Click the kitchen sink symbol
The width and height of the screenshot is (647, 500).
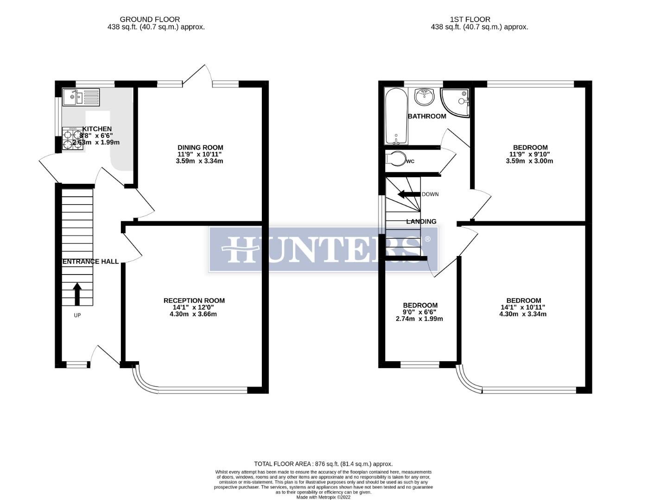coord(81,97)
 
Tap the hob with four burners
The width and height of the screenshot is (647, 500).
coord(70,138)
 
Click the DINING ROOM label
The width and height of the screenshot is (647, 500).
coord(200,148)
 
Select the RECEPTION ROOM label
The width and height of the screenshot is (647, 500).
coord(194,300)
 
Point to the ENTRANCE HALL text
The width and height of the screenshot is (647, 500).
coord(90,262)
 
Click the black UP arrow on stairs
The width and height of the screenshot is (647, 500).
coord(77,294)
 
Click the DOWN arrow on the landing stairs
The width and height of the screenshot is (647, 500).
coord(408,194)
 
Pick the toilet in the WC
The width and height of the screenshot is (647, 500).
coord(395,159)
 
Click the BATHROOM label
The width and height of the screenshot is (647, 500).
coord(427,116)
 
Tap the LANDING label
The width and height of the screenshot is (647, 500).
coord(421,222)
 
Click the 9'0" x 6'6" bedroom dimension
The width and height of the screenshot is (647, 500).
coord(420,312)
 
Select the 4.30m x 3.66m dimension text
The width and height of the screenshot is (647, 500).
coord(193,314)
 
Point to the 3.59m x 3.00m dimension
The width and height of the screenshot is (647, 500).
coord(529,161)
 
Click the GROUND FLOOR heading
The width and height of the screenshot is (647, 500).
coord(150,19)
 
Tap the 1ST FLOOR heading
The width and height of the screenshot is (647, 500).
coord(470,19)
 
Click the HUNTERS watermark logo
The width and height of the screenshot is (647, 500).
coord(323,249)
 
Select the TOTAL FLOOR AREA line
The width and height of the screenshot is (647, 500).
coord(323,464)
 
